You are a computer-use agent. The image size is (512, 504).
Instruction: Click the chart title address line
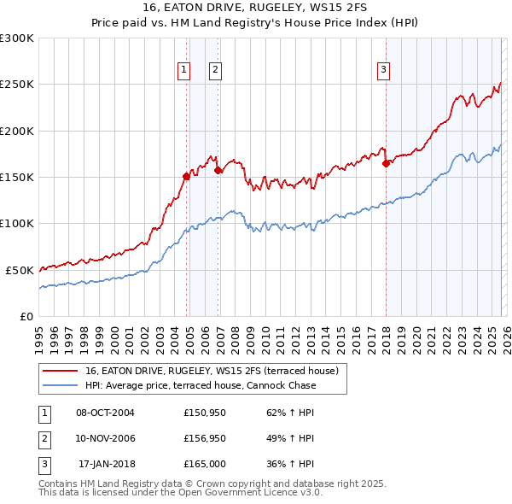coord(255,8)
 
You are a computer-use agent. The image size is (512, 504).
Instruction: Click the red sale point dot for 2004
coord(186,176)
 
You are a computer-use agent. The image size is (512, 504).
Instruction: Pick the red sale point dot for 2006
coord(218,171)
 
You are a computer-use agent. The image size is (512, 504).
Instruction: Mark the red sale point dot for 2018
coord(386,163)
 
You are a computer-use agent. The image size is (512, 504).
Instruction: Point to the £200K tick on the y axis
coord(17,131)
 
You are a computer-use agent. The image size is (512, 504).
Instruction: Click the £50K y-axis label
coord(20,270)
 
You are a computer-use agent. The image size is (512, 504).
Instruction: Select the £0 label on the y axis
coord(26,316)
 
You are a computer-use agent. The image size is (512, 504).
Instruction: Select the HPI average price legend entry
coord(200,385)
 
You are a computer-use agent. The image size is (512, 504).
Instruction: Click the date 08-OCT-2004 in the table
coord(105,413)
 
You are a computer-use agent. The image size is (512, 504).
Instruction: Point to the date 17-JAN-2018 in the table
coord(106,464)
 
